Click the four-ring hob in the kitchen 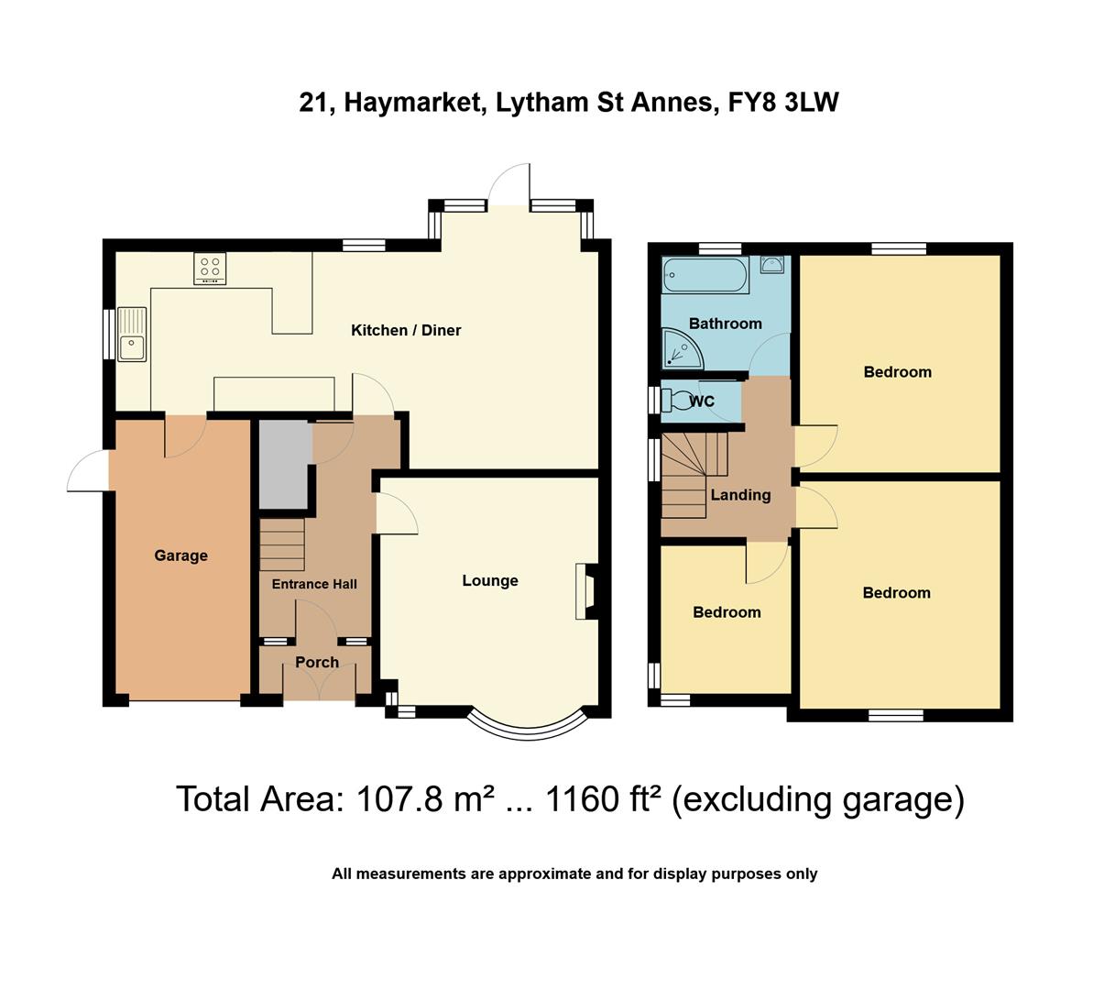coord(210,268)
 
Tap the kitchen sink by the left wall coord(131,335)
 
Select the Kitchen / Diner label coord(406,330)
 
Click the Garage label coord(180,555)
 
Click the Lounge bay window coord(526,721)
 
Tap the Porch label coord(317,662)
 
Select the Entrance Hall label coord(314,584)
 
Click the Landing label coord(740,495)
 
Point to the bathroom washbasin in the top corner coord(772,265)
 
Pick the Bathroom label coord(725,324)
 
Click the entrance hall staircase coord(282,544)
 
